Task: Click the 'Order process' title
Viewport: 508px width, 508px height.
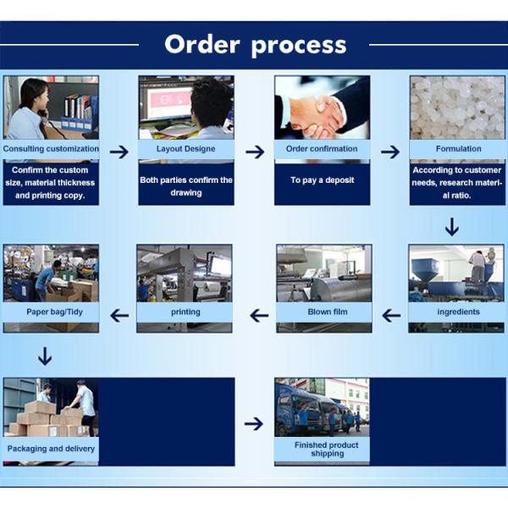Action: tap(255, 44)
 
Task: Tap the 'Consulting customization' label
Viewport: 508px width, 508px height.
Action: tap(51, 149)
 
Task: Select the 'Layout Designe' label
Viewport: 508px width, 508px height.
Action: tap(185, 149)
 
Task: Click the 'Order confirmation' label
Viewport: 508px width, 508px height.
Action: tap(322, 149)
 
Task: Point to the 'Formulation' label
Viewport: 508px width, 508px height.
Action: tap(458, 149)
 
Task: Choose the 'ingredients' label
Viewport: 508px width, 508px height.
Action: tap(458, 312)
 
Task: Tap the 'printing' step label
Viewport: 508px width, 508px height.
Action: tap(185, 312)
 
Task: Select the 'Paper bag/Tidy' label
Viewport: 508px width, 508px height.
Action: tap(51, 312)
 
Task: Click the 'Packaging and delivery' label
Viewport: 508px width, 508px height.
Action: tap(51, 449)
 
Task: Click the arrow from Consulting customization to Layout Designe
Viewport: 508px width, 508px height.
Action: tap(119, 152)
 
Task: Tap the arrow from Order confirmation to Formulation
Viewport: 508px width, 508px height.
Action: tap(390, 152)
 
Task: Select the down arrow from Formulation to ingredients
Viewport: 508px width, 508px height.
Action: tap(452, 226)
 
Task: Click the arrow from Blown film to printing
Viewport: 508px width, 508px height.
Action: tap(258, 316)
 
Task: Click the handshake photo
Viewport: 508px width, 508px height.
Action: tap(322, 108)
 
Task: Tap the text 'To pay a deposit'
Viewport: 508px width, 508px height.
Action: tap(322, 180)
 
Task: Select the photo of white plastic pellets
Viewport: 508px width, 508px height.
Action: tap(458, 108)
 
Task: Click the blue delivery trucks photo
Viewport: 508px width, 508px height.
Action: tap(322, 407)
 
